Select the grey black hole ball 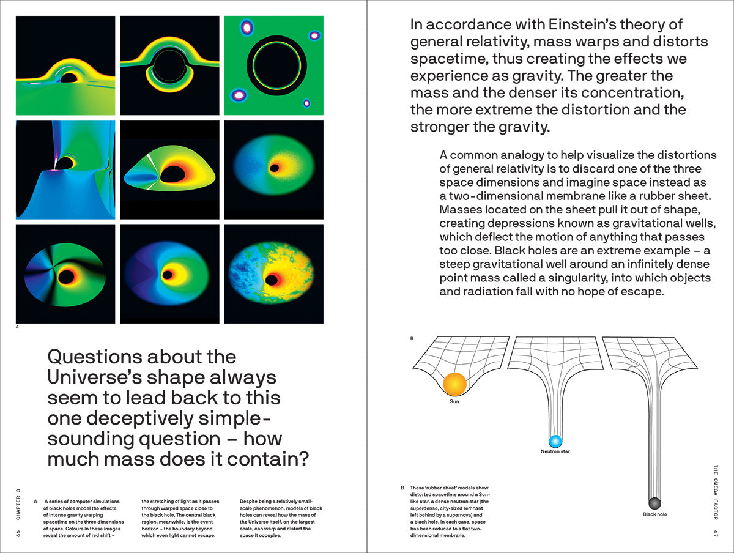[x=654, y=503]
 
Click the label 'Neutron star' [x=555, y=452]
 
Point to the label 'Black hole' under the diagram [x=654, y=514]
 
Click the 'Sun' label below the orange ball [x=454, y=401]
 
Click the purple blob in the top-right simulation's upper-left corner [x=247, y=27]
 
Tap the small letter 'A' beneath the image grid [x=17, y=328]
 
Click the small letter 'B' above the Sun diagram [x=412, y=338]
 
